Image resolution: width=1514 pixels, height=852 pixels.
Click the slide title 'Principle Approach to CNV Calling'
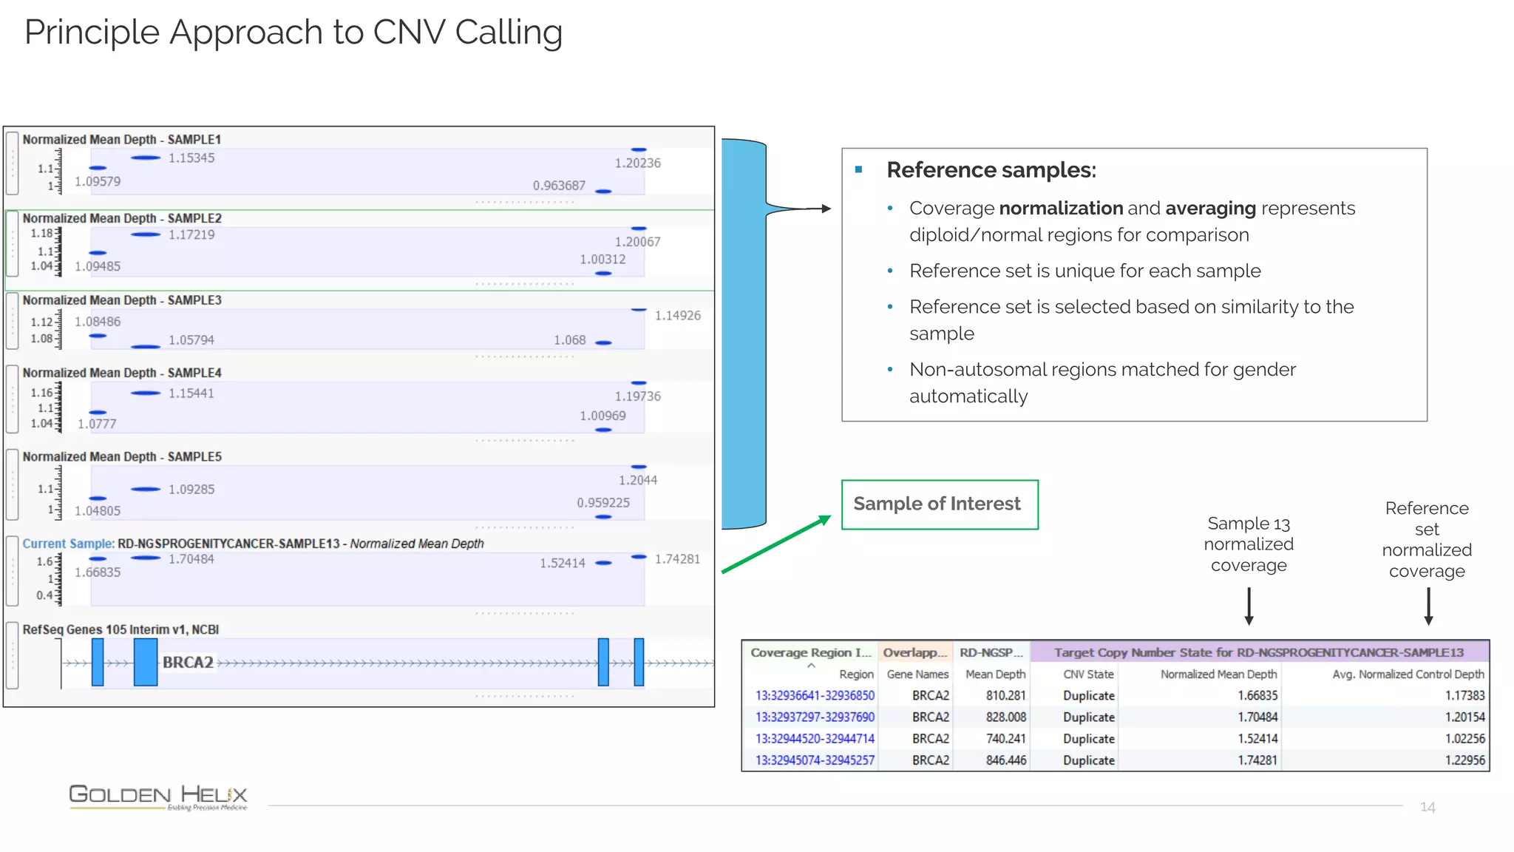coord(293,33)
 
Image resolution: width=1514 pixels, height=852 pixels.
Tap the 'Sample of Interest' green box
coord(939,504)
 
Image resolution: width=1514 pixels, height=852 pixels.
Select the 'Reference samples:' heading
coord(991,170)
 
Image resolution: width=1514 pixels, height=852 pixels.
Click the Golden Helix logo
coord(157,797)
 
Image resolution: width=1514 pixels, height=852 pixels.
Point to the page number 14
coord(1427,807)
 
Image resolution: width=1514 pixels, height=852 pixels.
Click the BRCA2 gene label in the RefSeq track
coord(188,662)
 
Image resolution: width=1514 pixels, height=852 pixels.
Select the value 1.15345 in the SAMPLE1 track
coord(191,158)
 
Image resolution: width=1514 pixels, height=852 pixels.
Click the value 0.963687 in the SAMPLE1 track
coord(559,186)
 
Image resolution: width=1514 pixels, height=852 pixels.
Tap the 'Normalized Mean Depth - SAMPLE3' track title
coord(122,300)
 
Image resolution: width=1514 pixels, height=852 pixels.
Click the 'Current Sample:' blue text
coord(68,544)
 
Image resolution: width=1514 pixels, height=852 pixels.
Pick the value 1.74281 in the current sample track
coord(677,559)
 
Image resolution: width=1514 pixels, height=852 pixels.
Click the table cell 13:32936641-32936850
coord(815,696)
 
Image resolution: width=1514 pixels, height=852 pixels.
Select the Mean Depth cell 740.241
coord(1005,739)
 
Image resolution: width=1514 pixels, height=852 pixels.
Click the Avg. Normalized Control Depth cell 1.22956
coord(1464,760)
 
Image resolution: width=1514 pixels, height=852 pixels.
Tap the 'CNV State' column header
coord(1088,674)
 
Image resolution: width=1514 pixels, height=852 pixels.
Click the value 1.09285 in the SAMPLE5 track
coord(191,490)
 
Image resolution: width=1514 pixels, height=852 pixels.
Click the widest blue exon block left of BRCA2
coord(146,662)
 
